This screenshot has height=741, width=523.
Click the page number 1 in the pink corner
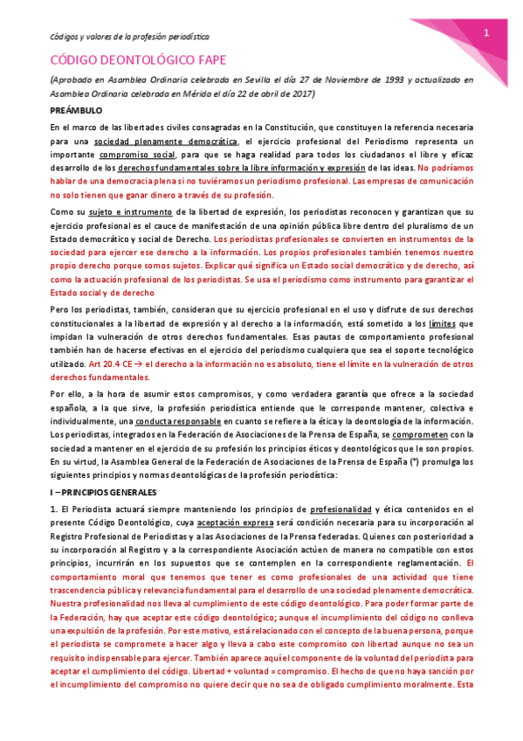click(485, 32)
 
